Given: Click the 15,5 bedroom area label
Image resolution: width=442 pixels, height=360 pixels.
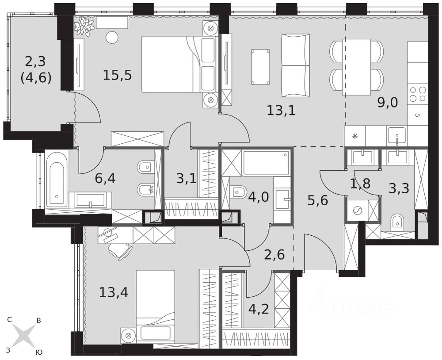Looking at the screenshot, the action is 117,75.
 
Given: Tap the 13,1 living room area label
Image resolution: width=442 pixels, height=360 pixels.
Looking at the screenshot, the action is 281,110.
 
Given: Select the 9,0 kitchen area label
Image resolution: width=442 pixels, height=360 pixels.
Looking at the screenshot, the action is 388,103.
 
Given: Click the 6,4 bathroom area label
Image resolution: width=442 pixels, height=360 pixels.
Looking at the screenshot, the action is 105,178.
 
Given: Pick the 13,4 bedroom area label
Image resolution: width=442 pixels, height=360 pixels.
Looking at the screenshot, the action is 114,292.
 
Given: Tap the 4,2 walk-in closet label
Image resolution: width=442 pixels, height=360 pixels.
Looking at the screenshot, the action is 259,309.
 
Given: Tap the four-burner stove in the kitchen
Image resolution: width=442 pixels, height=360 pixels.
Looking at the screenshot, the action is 418,94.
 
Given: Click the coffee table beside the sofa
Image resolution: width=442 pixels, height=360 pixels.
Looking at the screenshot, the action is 260,67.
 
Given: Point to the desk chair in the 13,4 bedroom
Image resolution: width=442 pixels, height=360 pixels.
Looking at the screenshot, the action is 120,249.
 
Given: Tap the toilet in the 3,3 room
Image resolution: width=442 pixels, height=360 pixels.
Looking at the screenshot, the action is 397,222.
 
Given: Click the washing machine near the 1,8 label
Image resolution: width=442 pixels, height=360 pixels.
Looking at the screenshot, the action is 357,211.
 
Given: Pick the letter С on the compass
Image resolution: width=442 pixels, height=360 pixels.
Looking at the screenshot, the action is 9,320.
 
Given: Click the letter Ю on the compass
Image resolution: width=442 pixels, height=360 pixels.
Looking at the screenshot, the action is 39,352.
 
